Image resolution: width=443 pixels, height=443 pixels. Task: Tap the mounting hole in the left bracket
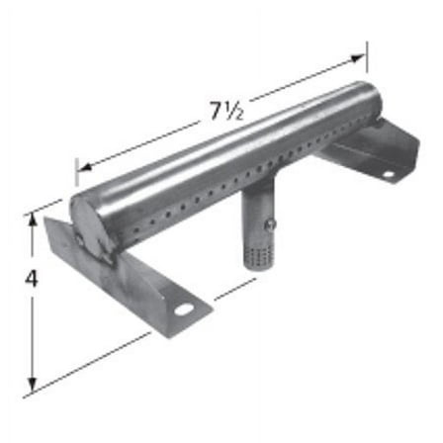click(185, 310)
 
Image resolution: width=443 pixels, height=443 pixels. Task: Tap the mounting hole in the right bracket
click(389, 174)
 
